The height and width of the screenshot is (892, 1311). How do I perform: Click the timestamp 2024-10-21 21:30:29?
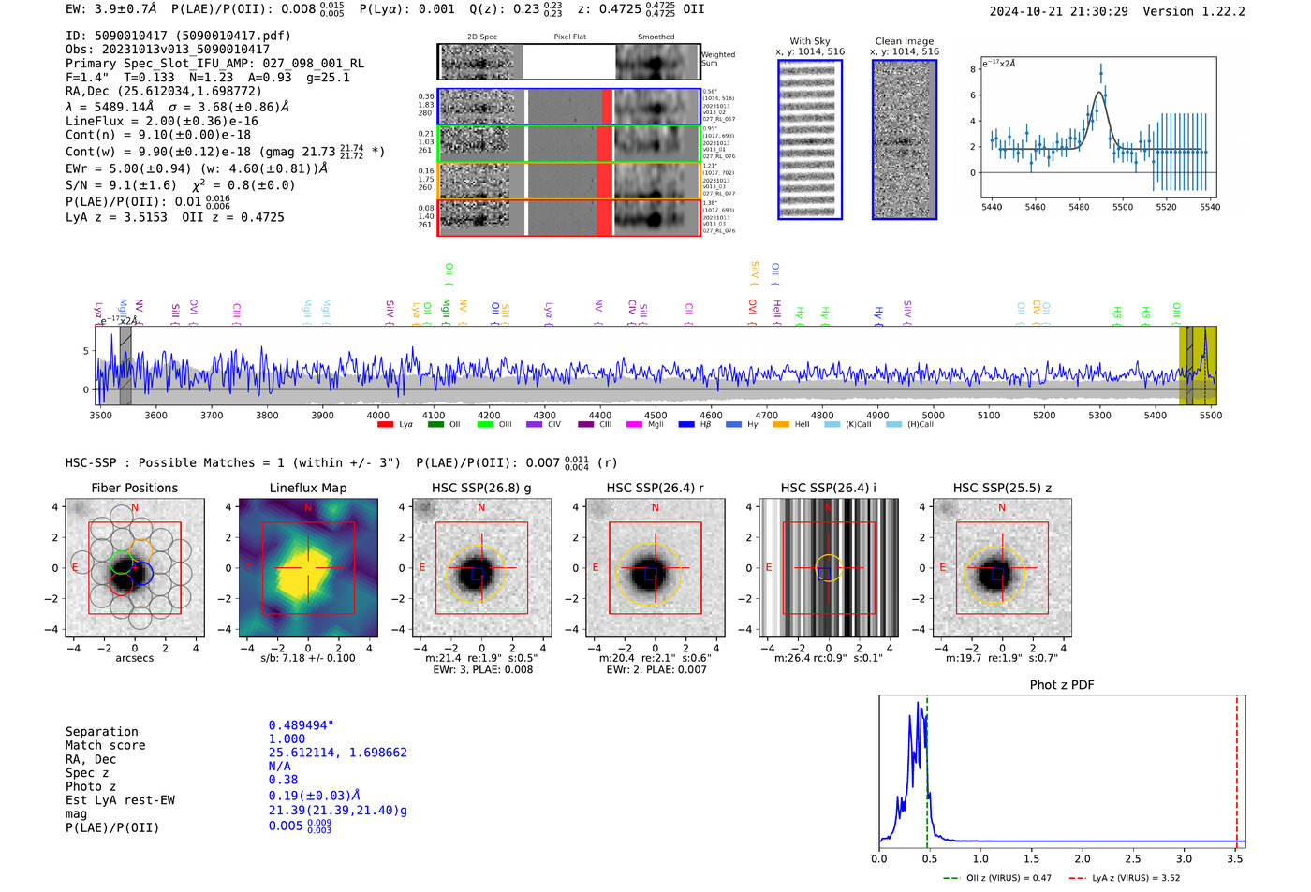pyautogui.click(x=1058, y=11)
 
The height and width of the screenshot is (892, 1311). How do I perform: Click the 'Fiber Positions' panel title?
pyautogui.click(x=134, y=488)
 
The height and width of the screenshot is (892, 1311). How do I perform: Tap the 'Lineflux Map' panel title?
pyautogui.click(x=308, y=488)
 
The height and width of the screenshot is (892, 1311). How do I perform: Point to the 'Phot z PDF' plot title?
pyautogui.click(x=1062, y=684)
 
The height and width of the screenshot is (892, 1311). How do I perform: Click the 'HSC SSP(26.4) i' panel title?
pyautogui.click(x=828, y=488)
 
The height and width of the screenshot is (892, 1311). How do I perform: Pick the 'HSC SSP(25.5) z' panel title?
pyautogui.click(x=1002, y=488)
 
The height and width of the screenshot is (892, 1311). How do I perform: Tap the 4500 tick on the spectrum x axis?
pyautogui.click(x=655, y=415)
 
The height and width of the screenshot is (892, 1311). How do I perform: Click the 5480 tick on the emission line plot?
pyautogui.click(x=1079, y=207)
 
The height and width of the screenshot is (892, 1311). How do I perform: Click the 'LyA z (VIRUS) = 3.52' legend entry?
pyautogui.click(x=1136, y=878)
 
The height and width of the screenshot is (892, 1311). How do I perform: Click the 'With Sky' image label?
pyautogui.click(x=810, y=41)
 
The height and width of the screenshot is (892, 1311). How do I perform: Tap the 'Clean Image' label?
pyautogui.click(x=905, y=41)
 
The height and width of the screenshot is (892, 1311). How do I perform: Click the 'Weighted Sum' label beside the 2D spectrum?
pyautogui.click(x=718, y=58)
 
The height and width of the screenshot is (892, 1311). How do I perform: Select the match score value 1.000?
pyautogui.click(x=287, y=738)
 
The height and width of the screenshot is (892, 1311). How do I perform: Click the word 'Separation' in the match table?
pyautogui.click(x=101, y=731)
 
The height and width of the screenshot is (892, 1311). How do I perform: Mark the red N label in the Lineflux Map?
pyautogui.click(x=308, y=507)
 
